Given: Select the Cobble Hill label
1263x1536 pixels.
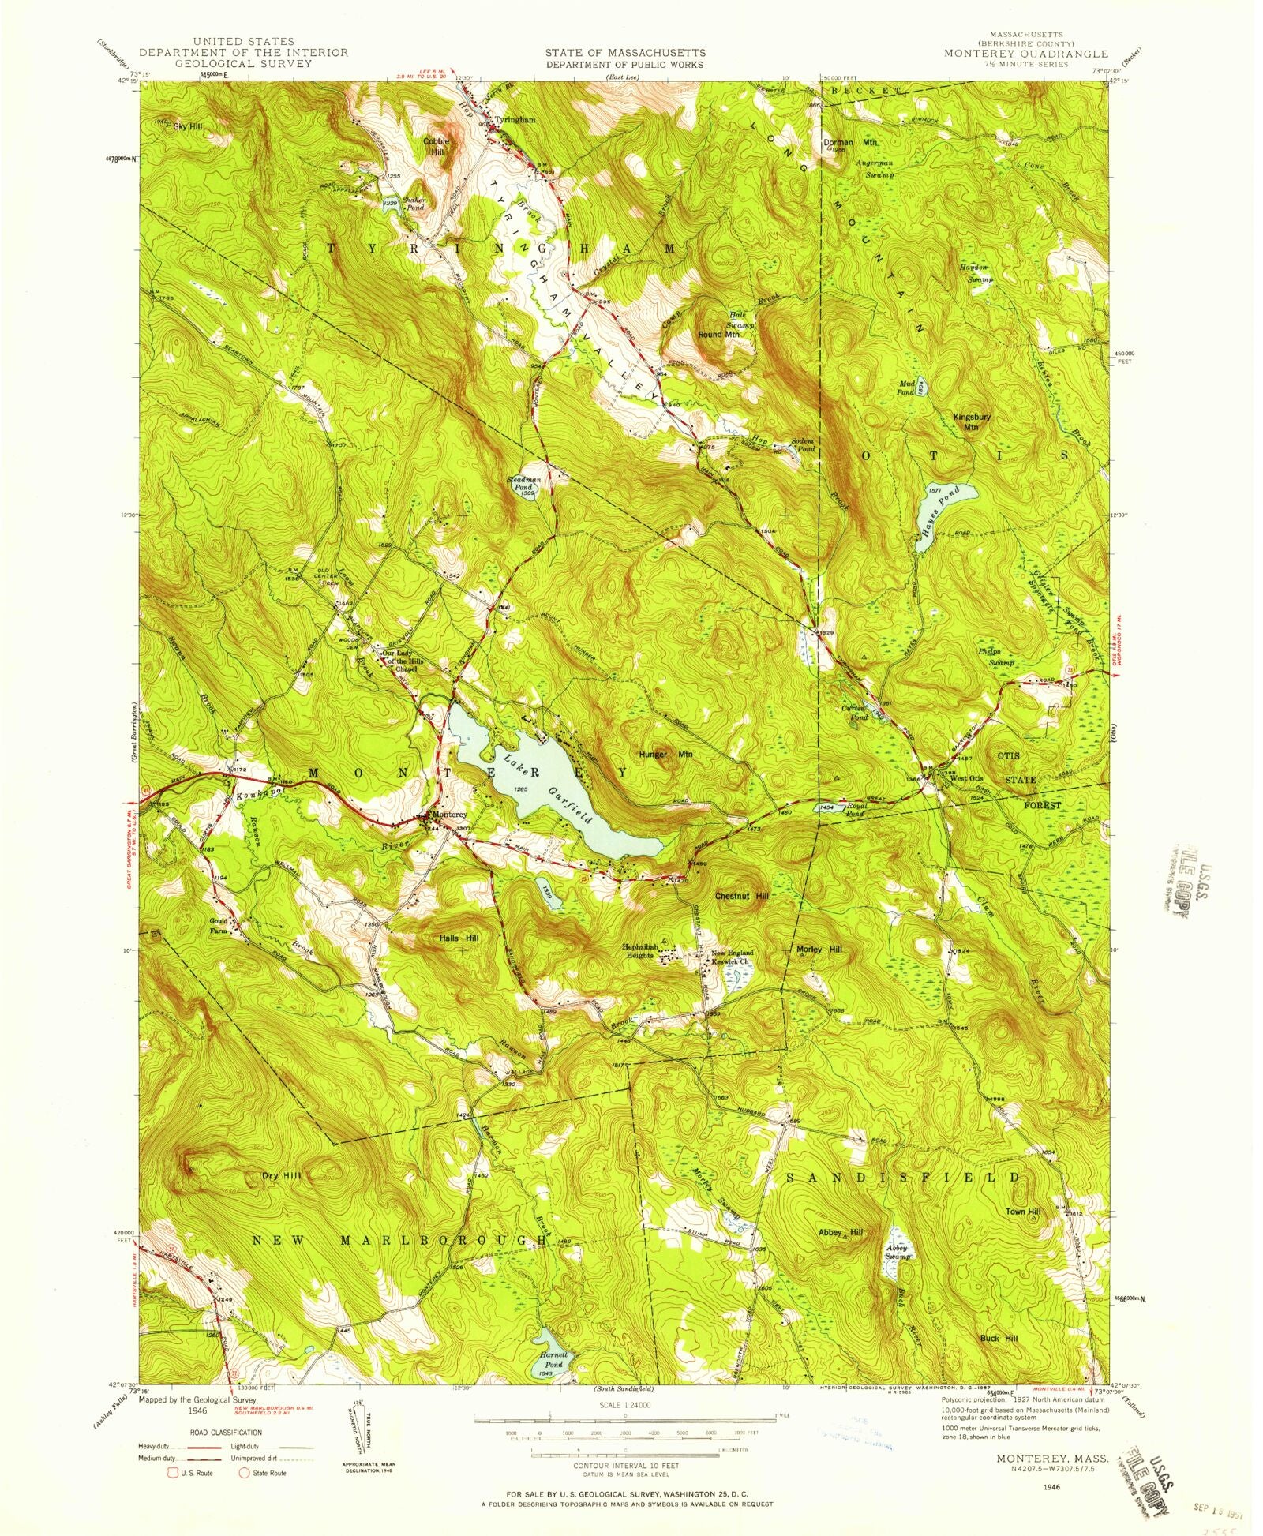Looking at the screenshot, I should [x=437, y=147].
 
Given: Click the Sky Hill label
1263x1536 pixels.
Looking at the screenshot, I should [x=189, y=126].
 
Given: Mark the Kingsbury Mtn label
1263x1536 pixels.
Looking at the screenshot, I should [x=971, y=421].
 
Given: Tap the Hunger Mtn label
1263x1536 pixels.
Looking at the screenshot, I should [x=666, y=755].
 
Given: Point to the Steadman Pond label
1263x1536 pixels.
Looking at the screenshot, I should [x=525, y=483].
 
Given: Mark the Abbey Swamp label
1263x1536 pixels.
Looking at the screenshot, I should [x=898, y=1252].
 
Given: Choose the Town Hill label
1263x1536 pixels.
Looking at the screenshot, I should [x=1023, y=1212].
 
